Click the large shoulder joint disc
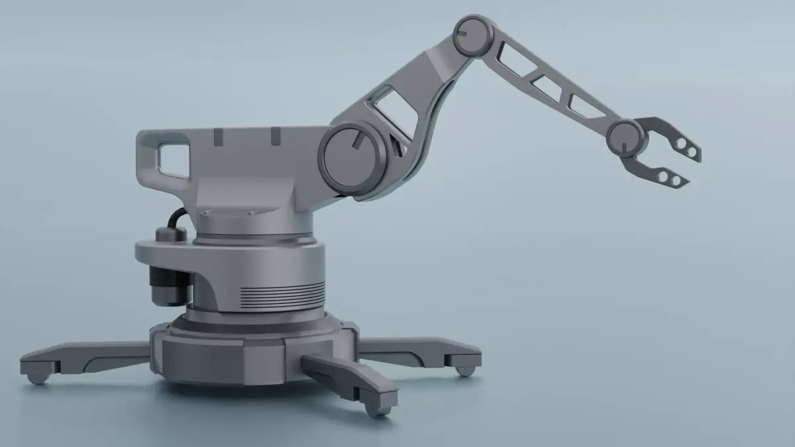pos(352,160)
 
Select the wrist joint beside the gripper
pos(625,137)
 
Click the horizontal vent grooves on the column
pos(291,293)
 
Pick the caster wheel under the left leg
pos(37,377)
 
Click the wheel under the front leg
pos(378,409)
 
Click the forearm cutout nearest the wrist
pos(587,107)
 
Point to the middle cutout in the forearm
pos(547,87)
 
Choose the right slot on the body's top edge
pos(272,136)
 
